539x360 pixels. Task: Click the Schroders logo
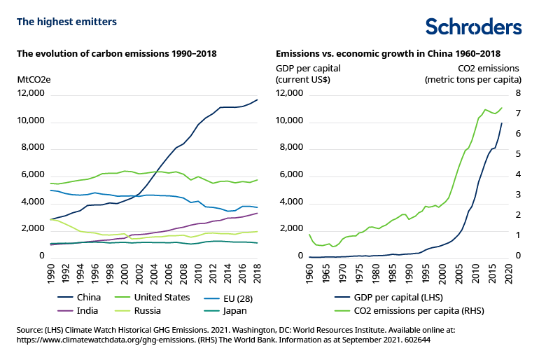click(x=474, y=26)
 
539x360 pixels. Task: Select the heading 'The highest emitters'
click(x=66, y=22)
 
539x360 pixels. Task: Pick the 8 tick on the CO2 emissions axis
click(x=519, y=93)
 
